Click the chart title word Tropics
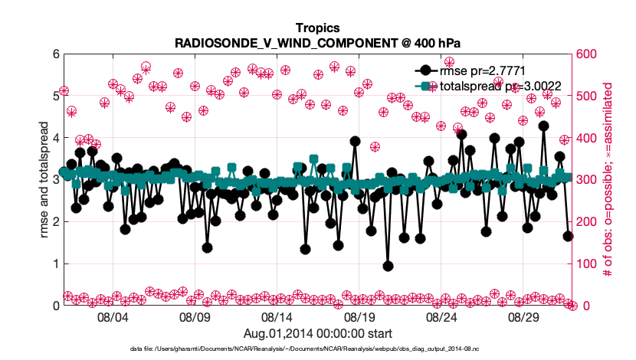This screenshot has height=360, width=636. (317, 29)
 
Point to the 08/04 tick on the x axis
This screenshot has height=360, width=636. (113, 316)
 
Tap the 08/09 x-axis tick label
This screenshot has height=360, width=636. (195, 316)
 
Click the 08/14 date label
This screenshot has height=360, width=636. (277, 316)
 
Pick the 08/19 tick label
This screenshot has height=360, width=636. (359, 316)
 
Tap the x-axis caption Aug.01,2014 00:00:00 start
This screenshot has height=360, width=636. (317, 333)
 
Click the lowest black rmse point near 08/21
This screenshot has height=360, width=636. (388, 266)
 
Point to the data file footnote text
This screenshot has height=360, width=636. (317, 349)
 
